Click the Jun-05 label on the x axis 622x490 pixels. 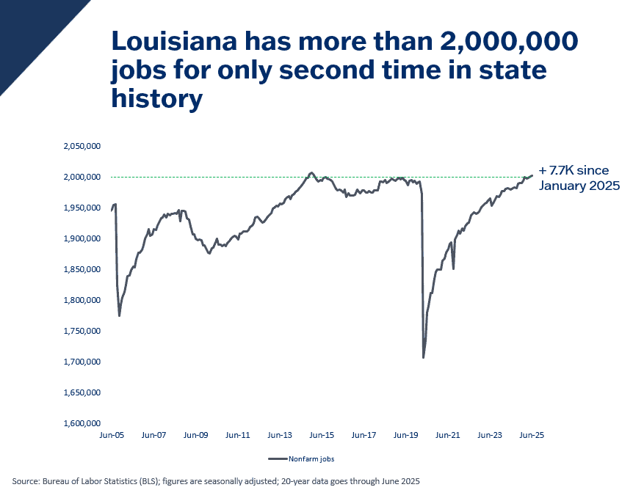pyautogui.click(x=112, y=435)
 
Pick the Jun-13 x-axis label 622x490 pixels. pyautogui.click(x=280, y=435)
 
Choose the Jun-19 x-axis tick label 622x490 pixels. pyautogui.click(x=406, y=435)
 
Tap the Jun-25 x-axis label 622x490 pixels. pyautogui.click(x=532, y=435)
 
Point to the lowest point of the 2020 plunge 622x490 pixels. pyautogui.click(x=424, y=357)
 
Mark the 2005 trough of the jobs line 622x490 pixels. pyautogui.click(x=120, y=315)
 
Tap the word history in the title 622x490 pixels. pyautogui.click(x=156, y=99)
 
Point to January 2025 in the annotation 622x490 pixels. pyautogui.click(x=580, y=186)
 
